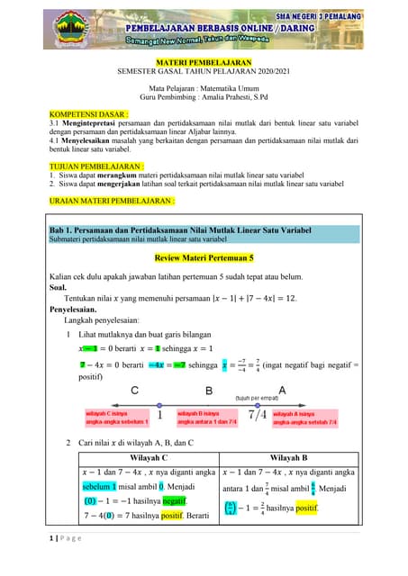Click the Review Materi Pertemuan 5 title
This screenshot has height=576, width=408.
pyautogui.click(x=204, y=257)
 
